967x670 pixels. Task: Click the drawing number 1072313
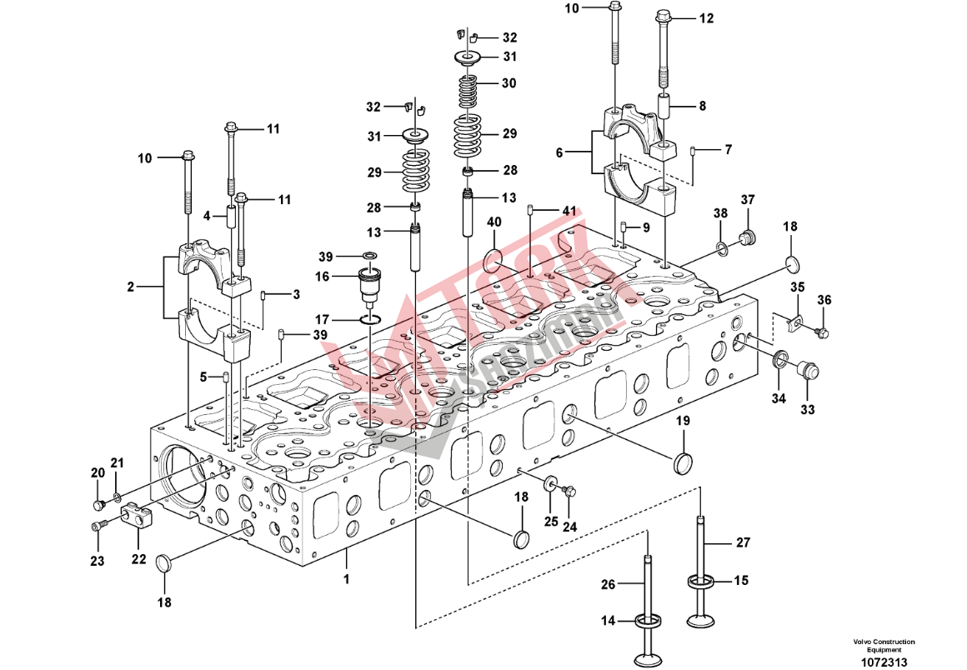[x=884, y=662]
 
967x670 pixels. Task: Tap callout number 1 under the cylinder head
[x=346, y=577]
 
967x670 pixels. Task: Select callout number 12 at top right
[x=706, y=17]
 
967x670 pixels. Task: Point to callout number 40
[x=494, y=222]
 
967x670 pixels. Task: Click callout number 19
[x=683, y=422]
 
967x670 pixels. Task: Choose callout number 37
[x=748, y=199]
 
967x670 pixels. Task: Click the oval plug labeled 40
[x=494, y=257]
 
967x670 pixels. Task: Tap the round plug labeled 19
[x=684, y=462]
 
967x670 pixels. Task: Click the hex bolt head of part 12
[x=664, y=16]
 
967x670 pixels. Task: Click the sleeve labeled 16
[x=368, y=282]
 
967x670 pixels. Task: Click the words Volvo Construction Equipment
[x=884, y=645]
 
